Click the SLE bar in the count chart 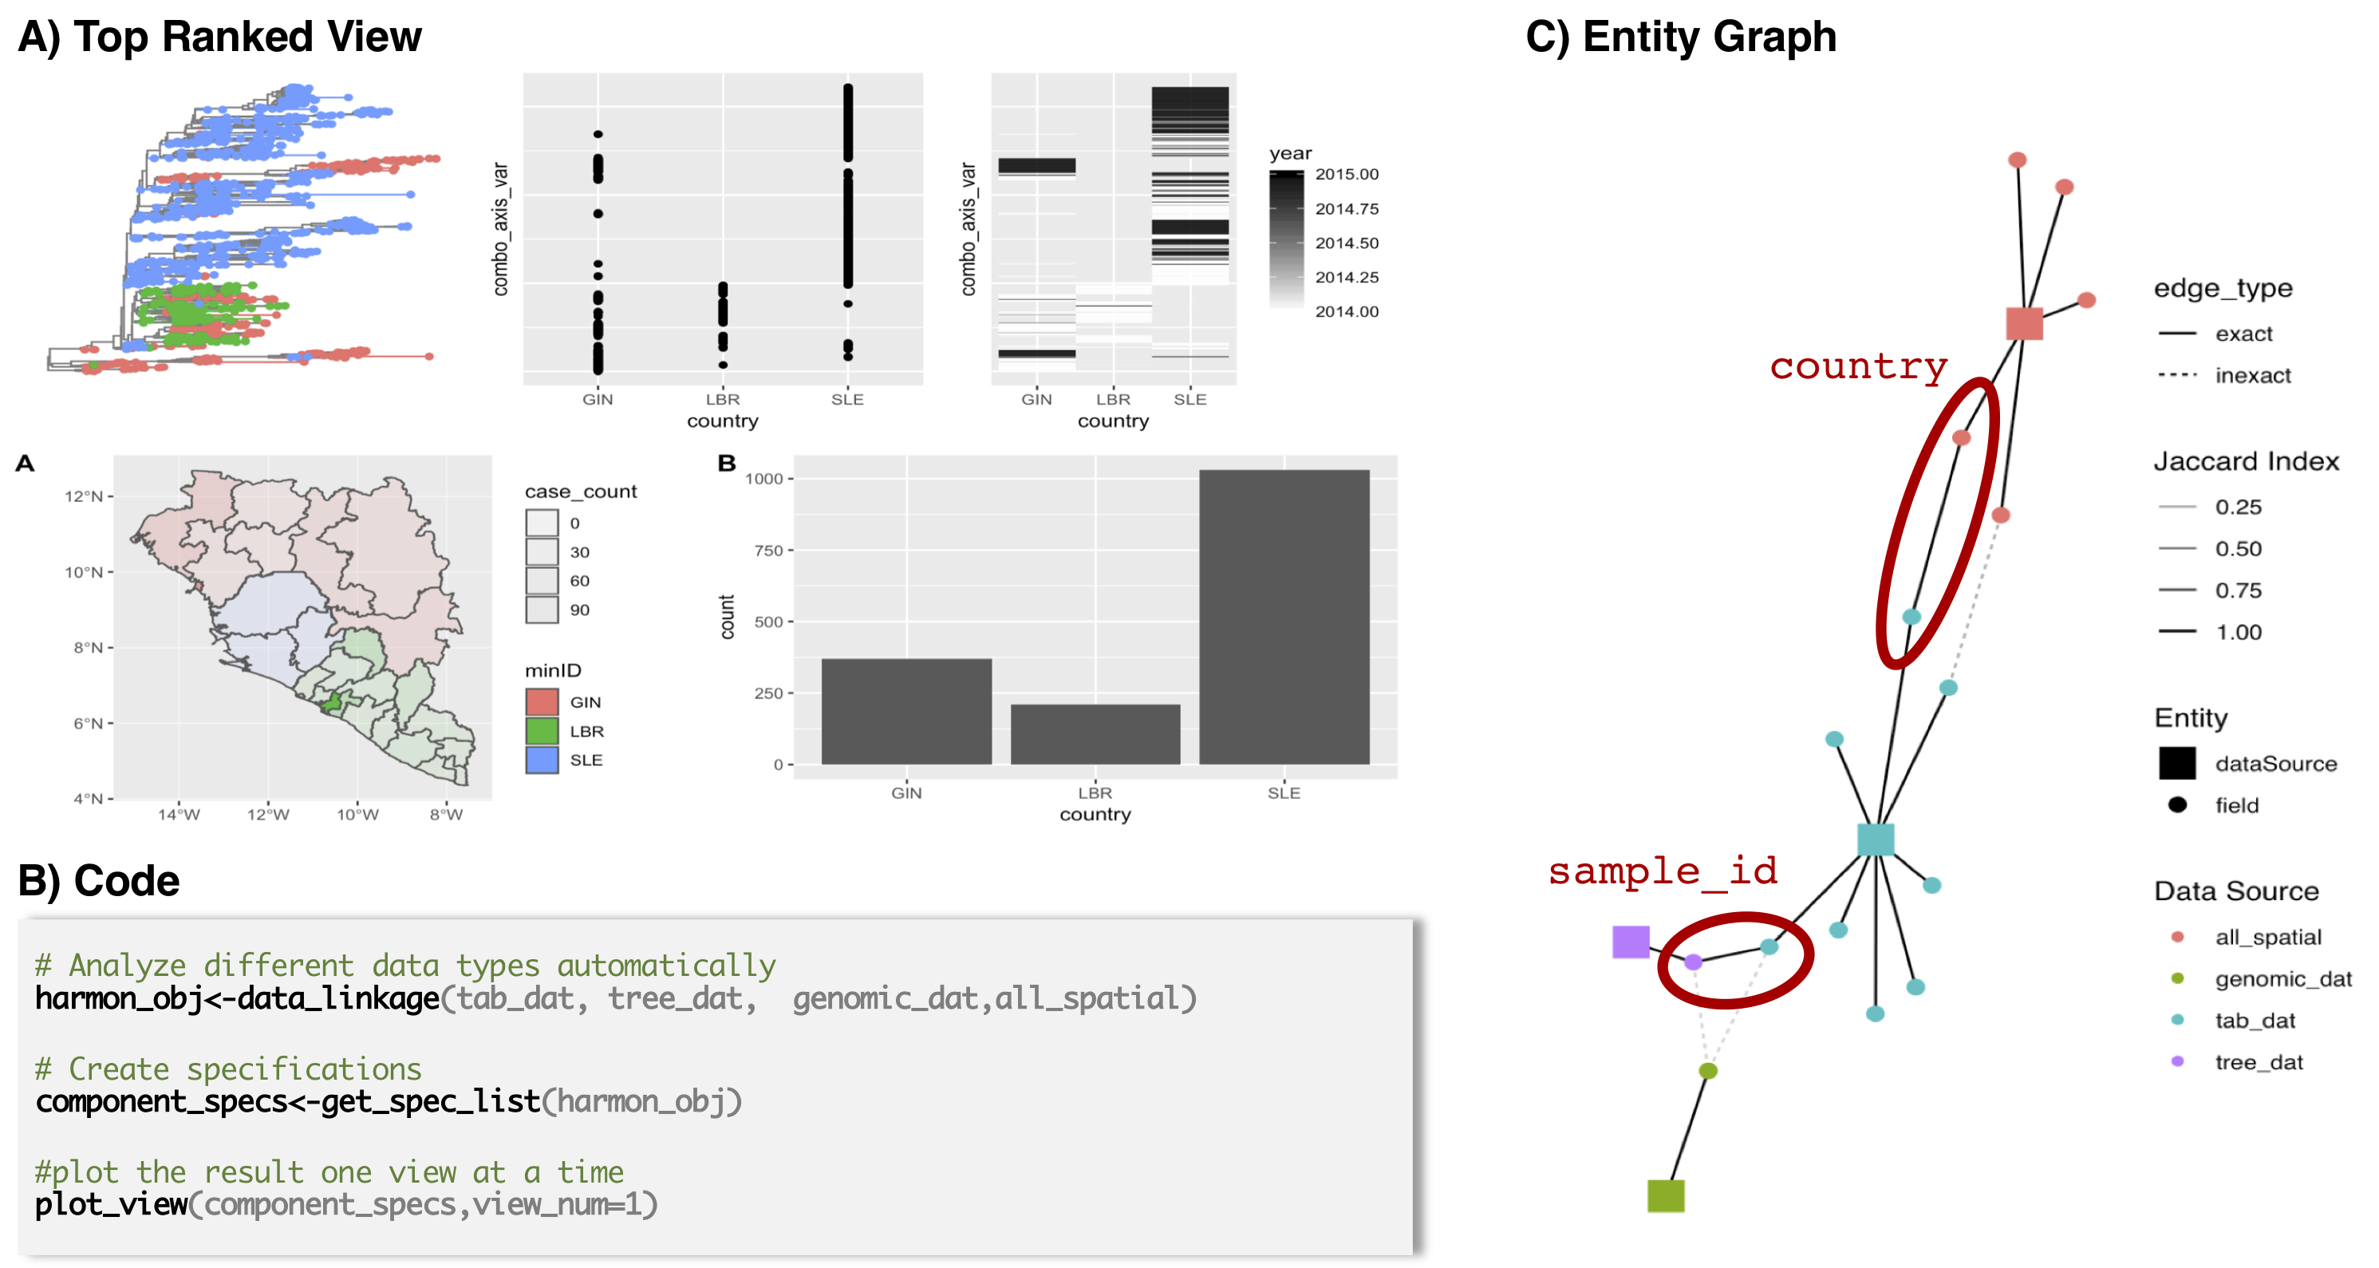coord(1284,616)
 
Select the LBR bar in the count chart coord(1095,733)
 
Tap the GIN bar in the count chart coord(906,710)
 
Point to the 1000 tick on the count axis coord(763,478)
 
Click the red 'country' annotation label coord(1858,365)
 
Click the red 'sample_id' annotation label coord(1663,871)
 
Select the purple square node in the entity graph coord(1630,942)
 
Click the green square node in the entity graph coord(1665,1195)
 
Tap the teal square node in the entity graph coord(1875,839)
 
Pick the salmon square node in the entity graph coord(2023,323)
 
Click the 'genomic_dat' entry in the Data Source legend coord(2282,978)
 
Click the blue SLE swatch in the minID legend coord(542,759)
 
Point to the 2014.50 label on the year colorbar coord(1347,242)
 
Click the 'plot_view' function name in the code coord(112,1204)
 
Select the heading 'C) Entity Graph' coord(1681,37)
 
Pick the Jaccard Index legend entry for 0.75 coord(2238,591)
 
